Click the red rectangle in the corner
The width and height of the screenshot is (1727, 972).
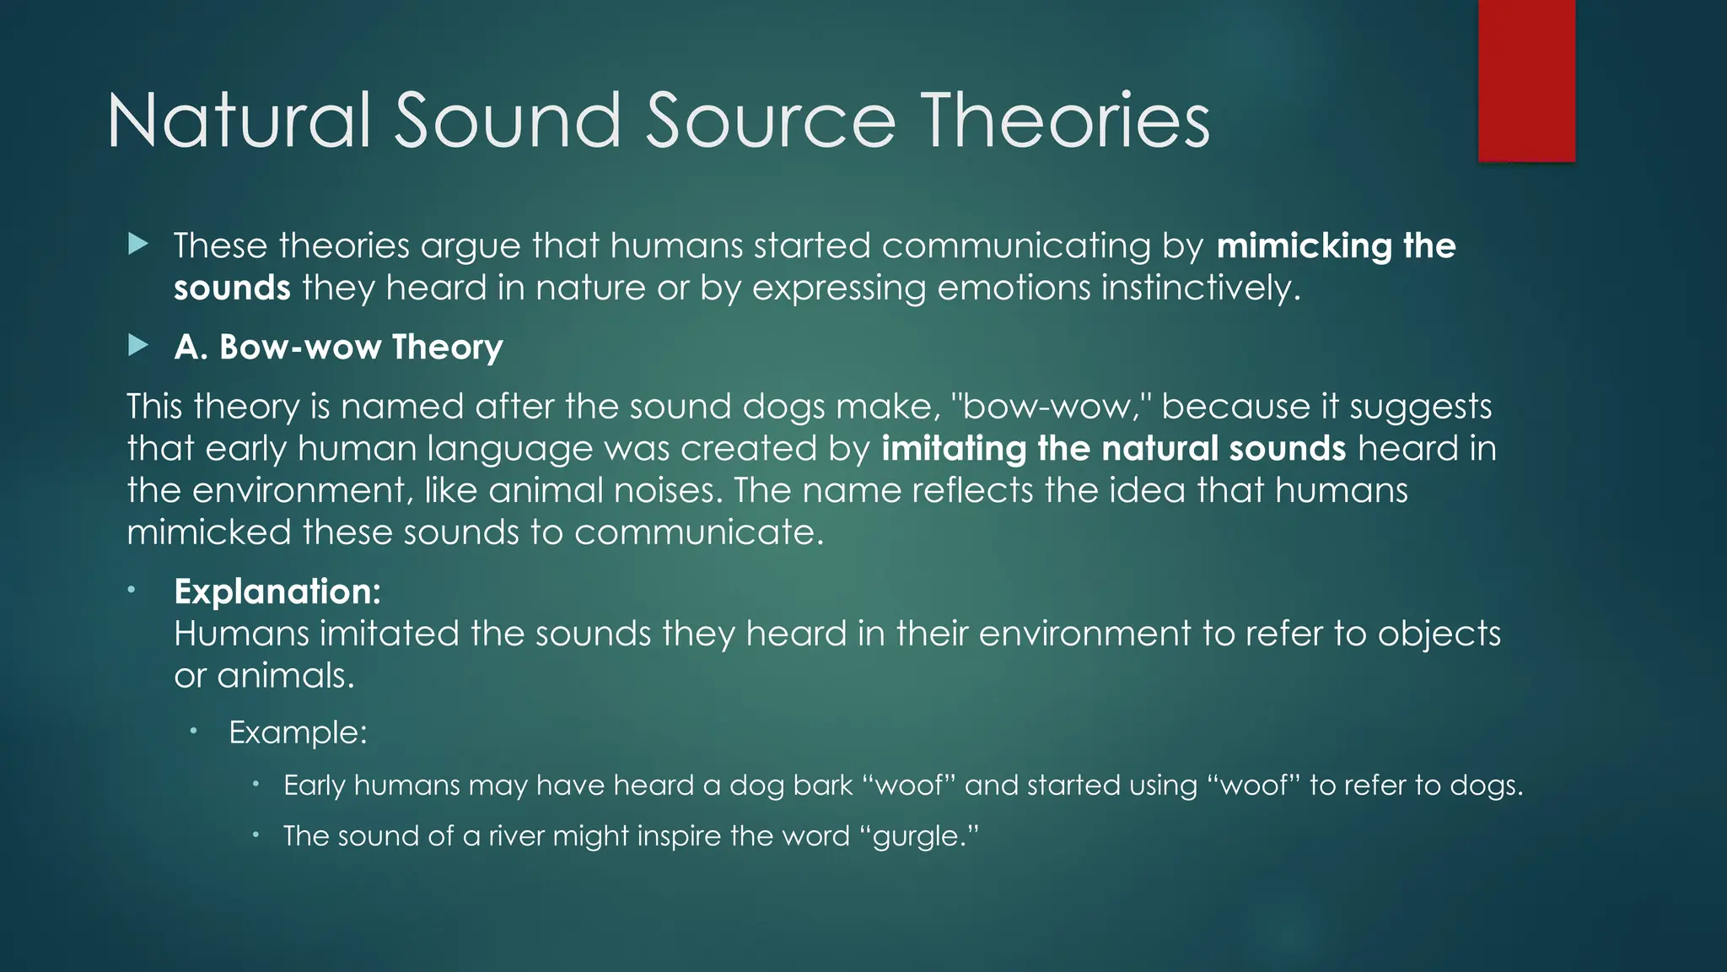pyautogui.click(x=1526, y=80)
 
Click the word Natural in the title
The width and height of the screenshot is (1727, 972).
pyautogui.click(x=239, y=121)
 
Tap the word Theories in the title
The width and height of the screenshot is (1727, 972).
pyautogui.click(x=1064, y=121)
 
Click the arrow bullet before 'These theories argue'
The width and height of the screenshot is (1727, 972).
pyautogui.click(x=138, y=246)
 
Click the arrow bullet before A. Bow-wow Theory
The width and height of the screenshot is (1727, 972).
pyautogui.click(x=138, y=346)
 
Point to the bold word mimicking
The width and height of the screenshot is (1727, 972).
pyautogui.click(x=1304, y=246)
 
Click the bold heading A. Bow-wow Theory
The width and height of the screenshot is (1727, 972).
pyautogui.click(x=338, y=347)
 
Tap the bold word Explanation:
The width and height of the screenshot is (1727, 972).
pyautogui.click(x=277, y=591)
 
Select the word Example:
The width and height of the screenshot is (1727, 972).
pyautogui.click(x=298, y=732)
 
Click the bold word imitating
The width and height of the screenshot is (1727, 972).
pyautogui.click(x=954, y=448)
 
